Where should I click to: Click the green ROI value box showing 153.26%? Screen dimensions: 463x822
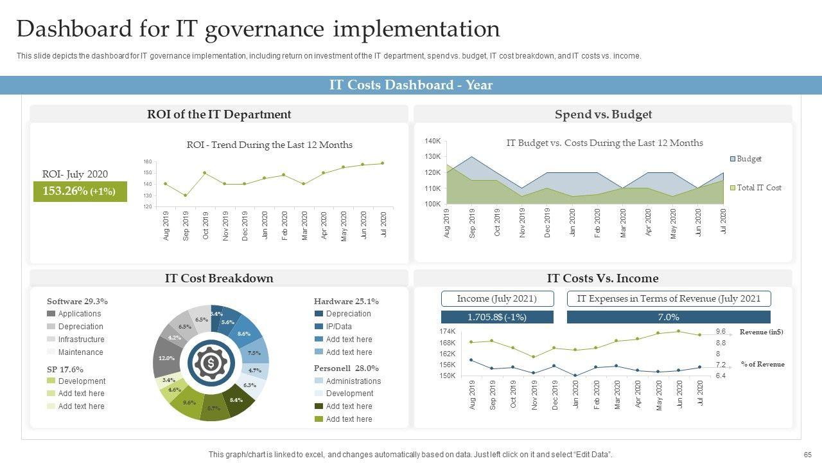click(x=80, y=191)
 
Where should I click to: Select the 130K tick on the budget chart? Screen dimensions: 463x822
click(x=432, y=156)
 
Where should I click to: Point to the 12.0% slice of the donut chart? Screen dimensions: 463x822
click(x=166, y=358)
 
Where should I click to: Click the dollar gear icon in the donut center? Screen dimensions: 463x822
click(x=211, y=363)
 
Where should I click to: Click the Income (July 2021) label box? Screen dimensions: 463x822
click(x=496, y=298)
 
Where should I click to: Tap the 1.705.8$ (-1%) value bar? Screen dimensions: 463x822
click(x=496, y=317)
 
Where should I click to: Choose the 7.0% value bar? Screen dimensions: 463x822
click(x=668, y=317)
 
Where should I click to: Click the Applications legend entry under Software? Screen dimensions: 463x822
click(x=74, y=314)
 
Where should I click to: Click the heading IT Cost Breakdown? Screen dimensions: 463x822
click(x=219, y=278)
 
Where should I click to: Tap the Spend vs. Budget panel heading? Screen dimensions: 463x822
click(x=603, y=114)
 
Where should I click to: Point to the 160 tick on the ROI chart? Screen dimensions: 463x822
click(x=148, y=161)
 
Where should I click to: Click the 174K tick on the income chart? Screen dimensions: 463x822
click(x=447, y=331)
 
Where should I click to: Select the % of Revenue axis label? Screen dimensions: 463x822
click(x=762, y=364)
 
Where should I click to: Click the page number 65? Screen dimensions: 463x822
click(x=807, y=455)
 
